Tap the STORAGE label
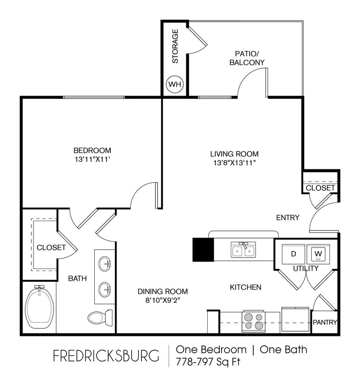pyautogui.click(x=176, y=46)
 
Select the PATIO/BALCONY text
pyautogui.click(x=247, y=58)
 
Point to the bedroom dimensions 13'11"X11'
pyautogui.click(x=92, y=159)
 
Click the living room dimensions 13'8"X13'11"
pyautogui.click(x=234, y=163)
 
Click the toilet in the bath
pyautogui.click(x=99, y=317)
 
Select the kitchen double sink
pyautogui.click(x=244, y=250)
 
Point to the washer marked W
pyautogui.click(x=318, y=254)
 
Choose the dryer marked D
pyautogui.click(x=293, y=254)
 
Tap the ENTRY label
pyautogui.click(x=288, y=218)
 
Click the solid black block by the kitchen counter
pyautogui.click(x=203, y=250)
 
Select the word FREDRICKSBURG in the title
pyautogui.click(x=106, y=356)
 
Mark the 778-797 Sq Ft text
pyautogui.click(x=208, y=361)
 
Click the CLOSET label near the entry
pyautogui.click(x=320, y=188)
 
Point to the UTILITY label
pyautogui.click(x=306, y=268)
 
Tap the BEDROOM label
pyautogui.click(x=92, y=150)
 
